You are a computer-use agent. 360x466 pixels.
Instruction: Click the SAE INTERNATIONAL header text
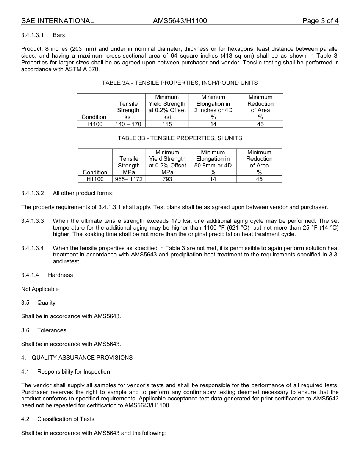pyautogui.click(x=57, y=21)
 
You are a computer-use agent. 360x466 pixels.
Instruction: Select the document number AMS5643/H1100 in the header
pyautogui.click(x=180, y=21)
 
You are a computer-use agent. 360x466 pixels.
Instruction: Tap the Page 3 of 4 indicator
pyautogui.click(x=320, y=21)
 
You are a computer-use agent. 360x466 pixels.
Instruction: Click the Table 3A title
pyautogui.click(x=180, y=83)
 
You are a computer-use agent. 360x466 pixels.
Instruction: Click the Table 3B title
pyautogui.click(x=180, y=138)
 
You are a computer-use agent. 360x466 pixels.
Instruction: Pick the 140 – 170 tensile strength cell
pyautogui.click(x=128, y=124)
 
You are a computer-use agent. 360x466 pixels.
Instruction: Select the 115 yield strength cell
pyautogui.click(x=167, y=124)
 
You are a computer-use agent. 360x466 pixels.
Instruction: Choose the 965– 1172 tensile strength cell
pyautogui.click(x=129, y=179)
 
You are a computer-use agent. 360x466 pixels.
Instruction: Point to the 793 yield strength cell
pyautogui.click(x=167, y=179)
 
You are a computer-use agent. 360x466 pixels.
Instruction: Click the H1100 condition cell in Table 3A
pyautogui.click(x=94, y=124)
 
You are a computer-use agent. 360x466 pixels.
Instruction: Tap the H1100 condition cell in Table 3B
pyautogui.click(x=95, y=179)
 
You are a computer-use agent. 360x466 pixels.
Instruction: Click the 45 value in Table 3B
pyautogui.click(x=259, y=179)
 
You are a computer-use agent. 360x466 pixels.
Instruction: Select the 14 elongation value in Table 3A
pyautogui.click(x=213, y=124)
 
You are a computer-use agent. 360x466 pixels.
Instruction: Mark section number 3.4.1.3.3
pyautogui.click(x=33, y=221)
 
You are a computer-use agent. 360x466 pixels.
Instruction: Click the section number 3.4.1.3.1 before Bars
pyautogui.click(x=33, y=35)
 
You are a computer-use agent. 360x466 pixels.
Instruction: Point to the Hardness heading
pyautogui.click(x=60, y=275)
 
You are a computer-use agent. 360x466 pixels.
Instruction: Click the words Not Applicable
pyautogui.click(x=40, y=289)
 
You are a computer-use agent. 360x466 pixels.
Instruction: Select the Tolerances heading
pyautogui.click(x=52, y=330)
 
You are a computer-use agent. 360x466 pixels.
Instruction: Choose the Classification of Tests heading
pyautogui.click(x=66, y=419)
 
